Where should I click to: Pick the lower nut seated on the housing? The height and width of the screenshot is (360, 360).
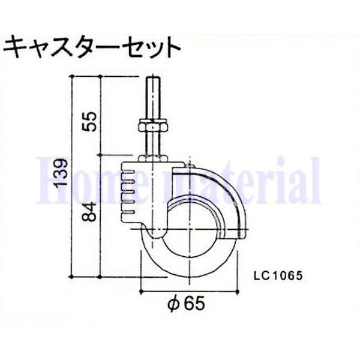[x=154, y=157]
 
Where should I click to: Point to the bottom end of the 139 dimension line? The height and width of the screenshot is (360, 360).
[x=73, y=275]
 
